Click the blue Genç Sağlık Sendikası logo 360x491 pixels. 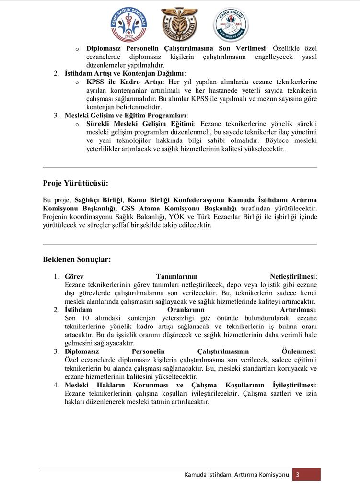[128, 24]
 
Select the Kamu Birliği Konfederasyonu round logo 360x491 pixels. [231, 24]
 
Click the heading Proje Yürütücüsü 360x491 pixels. [75, 183]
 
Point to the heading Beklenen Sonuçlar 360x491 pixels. [77, 259]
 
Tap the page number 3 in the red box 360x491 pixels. [298, 475]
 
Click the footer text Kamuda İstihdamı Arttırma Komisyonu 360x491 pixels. [237, 475]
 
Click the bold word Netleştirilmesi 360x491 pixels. [293, 277]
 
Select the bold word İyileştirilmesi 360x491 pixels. [294, 385]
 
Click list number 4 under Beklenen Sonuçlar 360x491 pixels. [56, 385]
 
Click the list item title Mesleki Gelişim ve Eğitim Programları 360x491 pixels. [126, 116]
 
